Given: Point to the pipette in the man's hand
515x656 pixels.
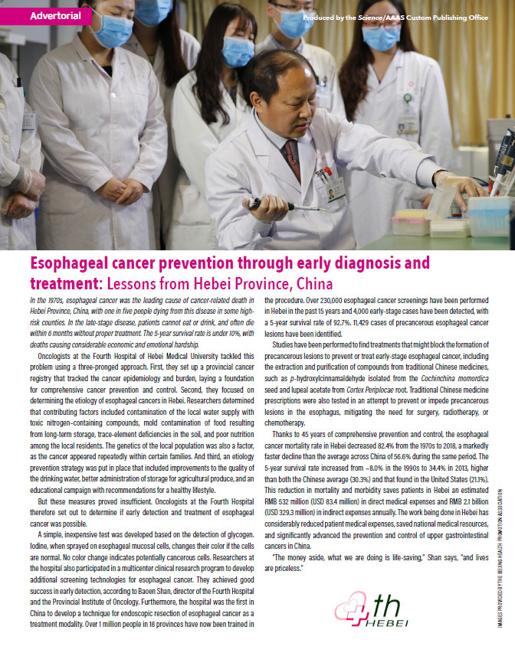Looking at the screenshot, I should [x=280, y=204].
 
